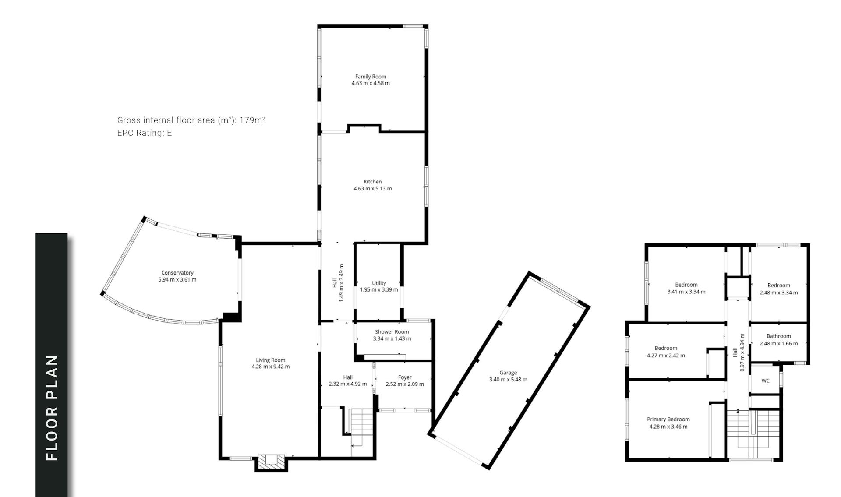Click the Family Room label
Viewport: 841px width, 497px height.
(371, 77)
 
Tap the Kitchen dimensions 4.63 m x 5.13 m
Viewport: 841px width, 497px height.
(373, 189)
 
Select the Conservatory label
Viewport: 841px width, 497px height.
(177, 273)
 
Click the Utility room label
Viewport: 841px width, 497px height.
(379, 283)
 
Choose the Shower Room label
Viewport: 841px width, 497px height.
(392, 332)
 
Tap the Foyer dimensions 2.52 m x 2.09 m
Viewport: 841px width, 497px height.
(405, 384)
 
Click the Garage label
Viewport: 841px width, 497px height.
(508, 373)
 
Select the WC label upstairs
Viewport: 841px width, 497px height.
(765, 381)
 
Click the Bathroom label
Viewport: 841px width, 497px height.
(779, 336)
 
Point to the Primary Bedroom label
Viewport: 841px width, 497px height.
(668, 419)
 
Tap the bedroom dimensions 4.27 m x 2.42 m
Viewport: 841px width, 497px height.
(666, 356)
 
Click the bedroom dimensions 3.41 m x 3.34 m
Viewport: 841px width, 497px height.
(686, 292)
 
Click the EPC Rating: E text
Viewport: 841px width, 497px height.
(145, 133)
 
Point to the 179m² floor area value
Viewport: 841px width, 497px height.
(252, 120)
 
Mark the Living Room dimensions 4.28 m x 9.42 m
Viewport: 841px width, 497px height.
(271, 367)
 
